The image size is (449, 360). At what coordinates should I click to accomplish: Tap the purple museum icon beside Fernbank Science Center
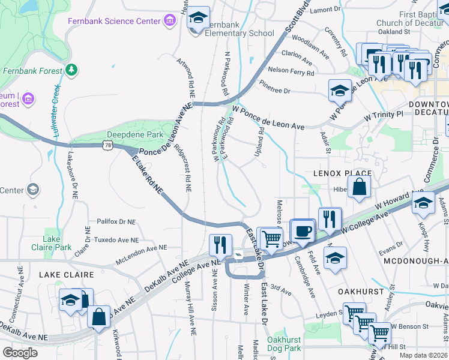170,22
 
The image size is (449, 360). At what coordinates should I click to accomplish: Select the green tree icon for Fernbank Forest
71,70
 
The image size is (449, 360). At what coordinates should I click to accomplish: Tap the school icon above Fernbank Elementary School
199,19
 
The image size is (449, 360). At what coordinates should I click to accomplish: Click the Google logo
20,352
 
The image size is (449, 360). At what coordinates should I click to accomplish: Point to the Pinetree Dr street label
275,91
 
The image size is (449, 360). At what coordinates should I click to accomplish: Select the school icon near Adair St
340,91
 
